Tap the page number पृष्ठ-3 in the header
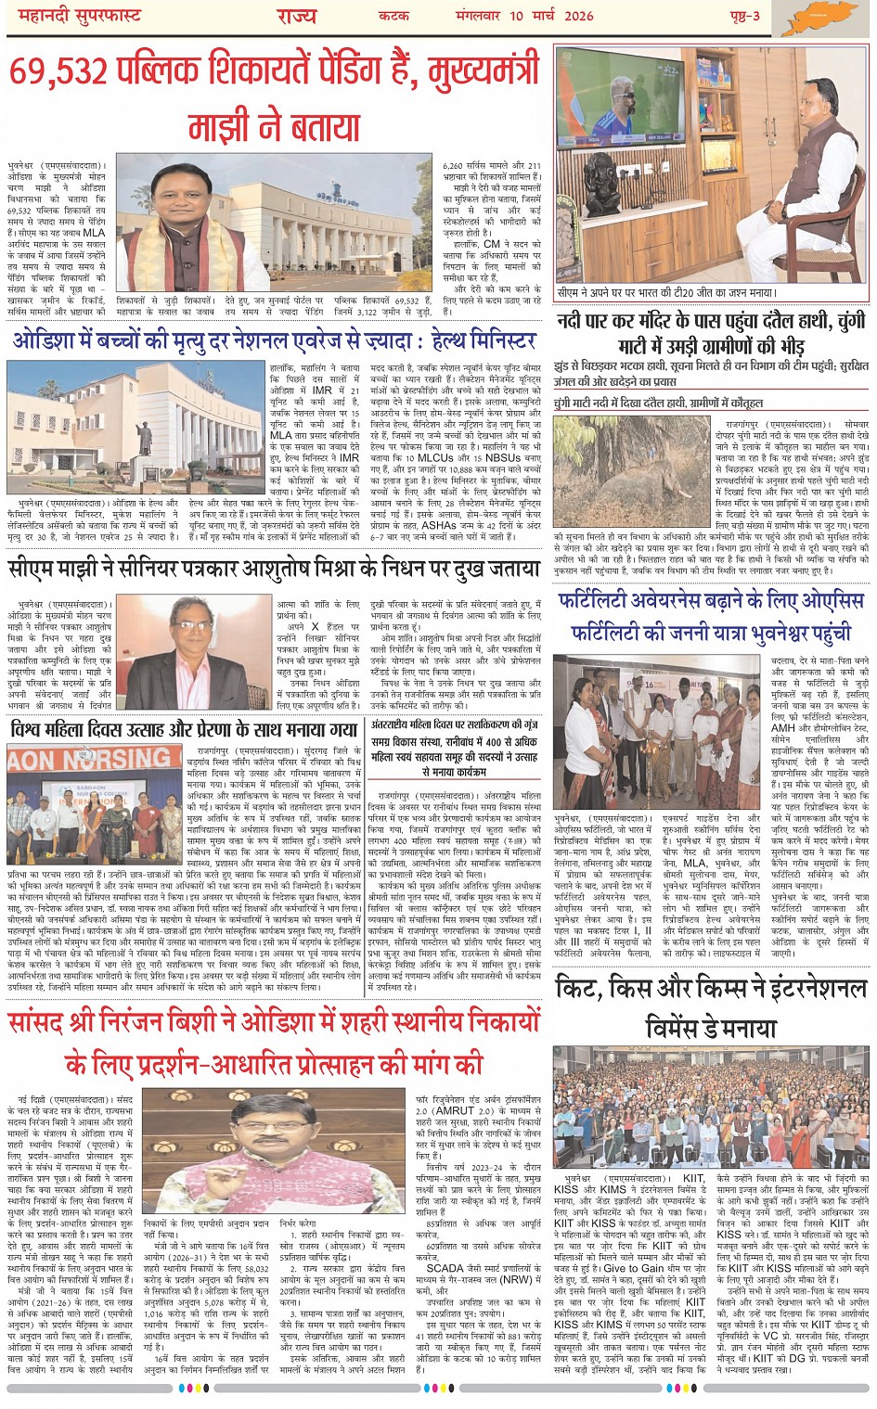tap(743, 16)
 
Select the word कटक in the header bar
tap(393, 16)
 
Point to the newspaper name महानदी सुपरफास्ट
tap(73, 16)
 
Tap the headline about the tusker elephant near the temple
tap(711, 333)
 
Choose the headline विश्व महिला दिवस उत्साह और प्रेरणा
tap(184, 729)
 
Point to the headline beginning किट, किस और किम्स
tap(711, 988)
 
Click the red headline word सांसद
tap(45, 1022)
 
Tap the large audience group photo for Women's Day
tap(711, 1108)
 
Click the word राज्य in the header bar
tap(296, 16)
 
